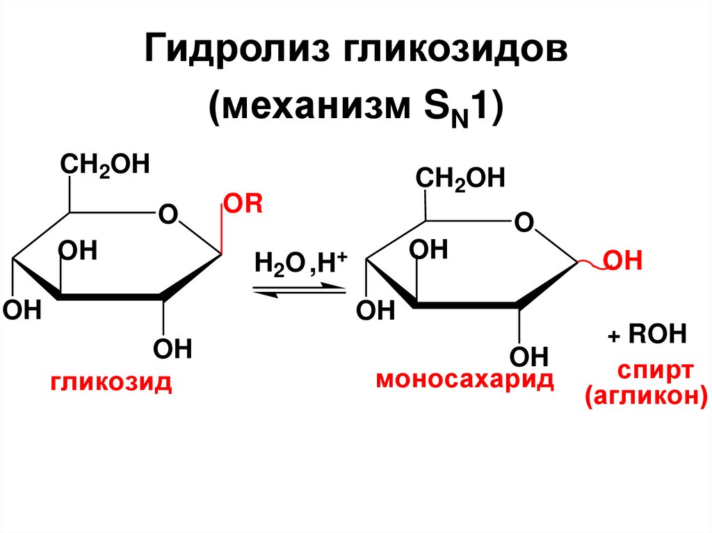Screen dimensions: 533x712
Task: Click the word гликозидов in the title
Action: (x=446, y=52)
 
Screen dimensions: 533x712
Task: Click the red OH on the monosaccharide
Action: (x=621, y=262)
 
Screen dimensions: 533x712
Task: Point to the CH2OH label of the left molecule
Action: (x=105, y=167)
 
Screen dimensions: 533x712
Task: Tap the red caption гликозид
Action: (x=111, y=382)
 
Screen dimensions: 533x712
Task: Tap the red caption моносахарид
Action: (x=465, y=380)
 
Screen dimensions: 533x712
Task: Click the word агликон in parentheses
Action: (x=646, y=397)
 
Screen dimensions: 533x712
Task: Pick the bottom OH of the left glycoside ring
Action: (x=172, y=348)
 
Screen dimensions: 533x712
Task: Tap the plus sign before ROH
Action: (x=613, y=337)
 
